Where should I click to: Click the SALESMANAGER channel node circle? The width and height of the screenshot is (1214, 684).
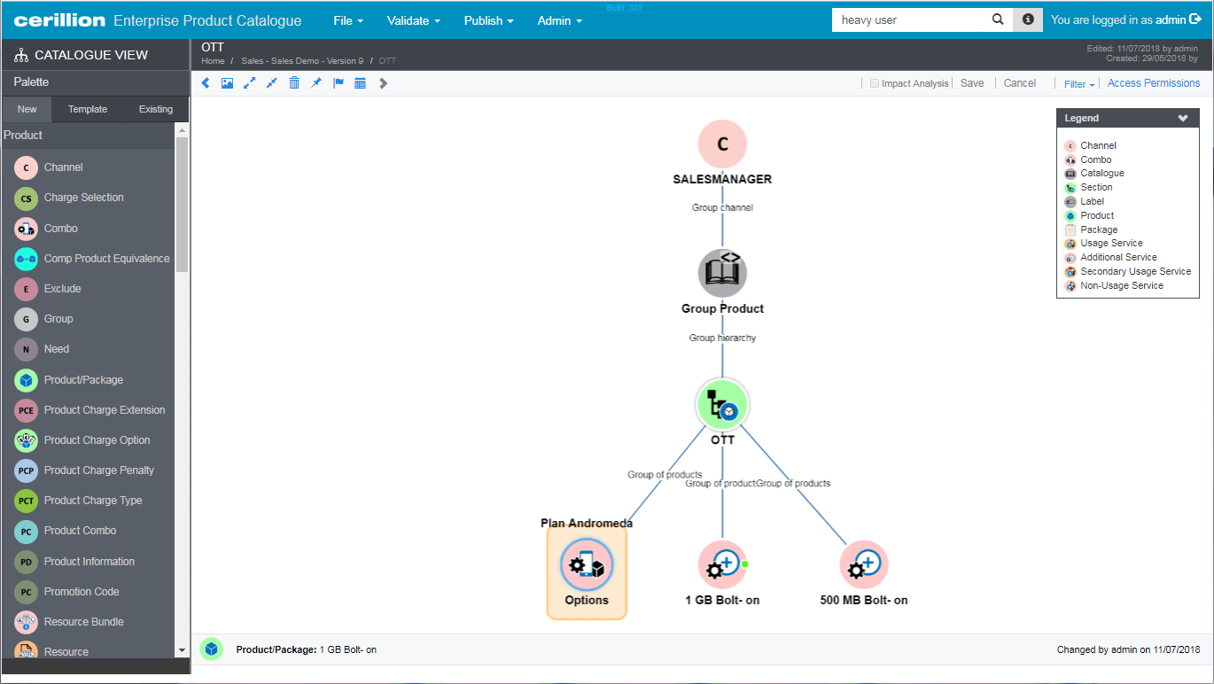pyautogui.click(x=722, y=144)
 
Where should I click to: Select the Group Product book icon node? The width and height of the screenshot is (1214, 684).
pyautogui.click(x=722, y=273)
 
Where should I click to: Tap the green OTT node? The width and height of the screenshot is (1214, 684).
pyautogui.click(x=722, y=404)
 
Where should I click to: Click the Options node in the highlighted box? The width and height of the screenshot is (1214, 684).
pyautogui.click(x=586, y=564)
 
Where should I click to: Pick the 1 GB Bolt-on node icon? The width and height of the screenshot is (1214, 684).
pyautogui.click(x=722, y=564)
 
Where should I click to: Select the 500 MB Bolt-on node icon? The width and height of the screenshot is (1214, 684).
pyautogui.click(x=864, y=564)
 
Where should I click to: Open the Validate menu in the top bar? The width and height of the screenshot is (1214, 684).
pyautogui.click(x=414, y=20)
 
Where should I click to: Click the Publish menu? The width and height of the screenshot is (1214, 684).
pyautogui.click(x=488, y=20)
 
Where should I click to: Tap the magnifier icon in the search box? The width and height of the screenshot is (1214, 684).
pyautogui.click(x=998, y=19)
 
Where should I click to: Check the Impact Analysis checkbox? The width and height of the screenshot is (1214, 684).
pyautogui.click(x=875, y=83)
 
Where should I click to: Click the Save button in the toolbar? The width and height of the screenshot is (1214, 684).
pyautogui.click(x=972, y=83)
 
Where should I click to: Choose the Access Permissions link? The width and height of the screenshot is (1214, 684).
pyautogui.click(x=1154, y=83)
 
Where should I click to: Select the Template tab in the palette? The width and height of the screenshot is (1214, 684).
pyautogui.click(x=88, y=109)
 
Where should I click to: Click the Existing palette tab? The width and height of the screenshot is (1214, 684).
pyautogui.click(x=156, y=109)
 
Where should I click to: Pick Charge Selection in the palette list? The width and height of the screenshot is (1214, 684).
pyautogui.click(x=83, y=198)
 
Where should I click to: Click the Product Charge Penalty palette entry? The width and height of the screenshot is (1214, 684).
pyautogui.click(x=98, y=470)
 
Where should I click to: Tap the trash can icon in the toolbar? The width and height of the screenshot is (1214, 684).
pyautogui.click(x=294, y=83)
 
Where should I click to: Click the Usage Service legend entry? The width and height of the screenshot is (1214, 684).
pyautogui.click(x=1111, y=243)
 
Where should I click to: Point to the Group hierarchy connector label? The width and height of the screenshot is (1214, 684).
pyautogui.click(x=722, y=338)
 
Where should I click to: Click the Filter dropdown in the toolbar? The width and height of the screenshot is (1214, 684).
pyautogui.click(x=1079, y=84)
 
